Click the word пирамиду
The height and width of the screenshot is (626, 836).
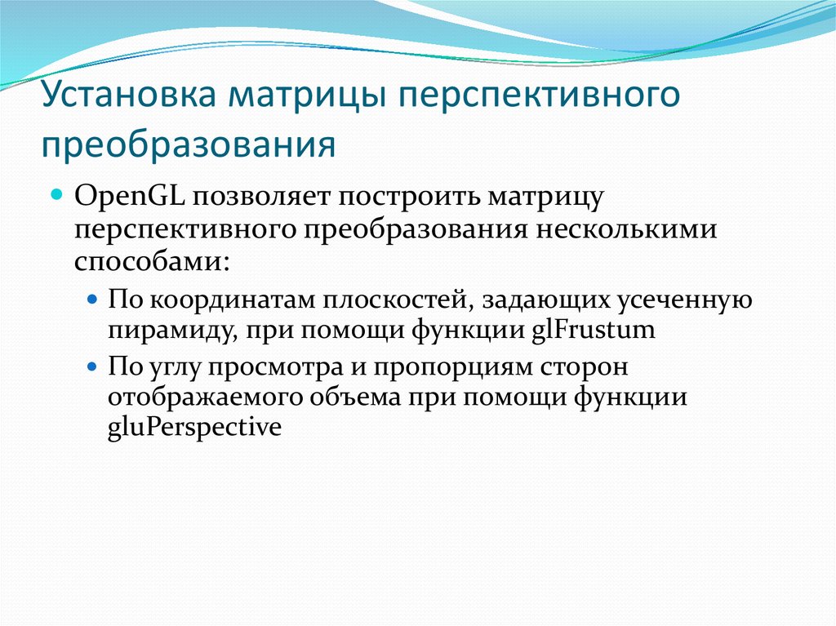coord(154,331)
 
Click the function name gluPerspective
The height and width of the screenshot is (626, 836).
coord(193,428)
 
